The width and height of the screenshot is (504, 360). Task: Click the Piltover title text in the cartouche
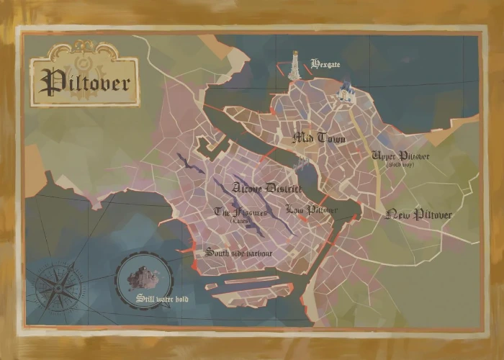[x=85, y=82]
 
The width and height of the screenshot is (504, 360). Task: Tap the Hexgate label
[x=325, y=64]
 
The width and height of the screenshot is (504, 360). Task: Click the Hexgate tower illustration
[x=294, y=68]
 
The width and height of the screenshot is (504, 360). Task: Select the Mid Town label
[x=318, y=138]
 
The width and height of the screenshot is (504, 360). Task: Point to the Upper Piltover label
[x=400, y=156]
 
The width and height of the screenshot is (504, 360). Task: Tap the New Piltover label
[x=419, y=215]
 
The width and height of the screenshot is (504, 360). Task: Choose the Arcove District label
[x=267, y=188]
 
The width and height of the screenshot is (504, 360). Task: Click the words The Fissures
[x=240, y=212]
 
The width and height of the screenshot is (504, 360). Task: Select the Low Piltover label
[x=311, y=210]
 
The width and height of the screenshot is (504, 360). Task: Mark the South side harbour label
[x=238, y=253]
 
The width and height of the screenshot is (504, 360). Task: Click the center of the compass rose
[x=58, y=289]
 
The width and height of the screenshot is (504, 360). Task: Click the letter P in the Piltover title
[x=50, y=82]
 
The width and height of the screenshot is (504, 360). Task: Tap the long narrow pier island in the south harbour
[x=248, y=280]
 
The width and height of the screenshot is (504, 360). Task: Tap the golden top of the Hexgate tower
[x=294, y=55]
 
